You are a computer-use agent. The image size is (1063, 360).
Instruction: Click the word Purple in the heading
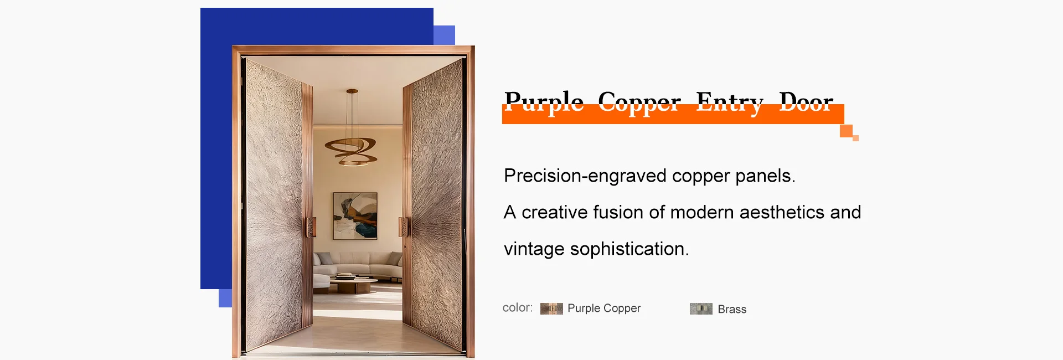pos(544,103)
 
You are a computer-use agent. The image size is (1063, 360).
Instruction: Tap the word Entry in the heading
pos(730,103)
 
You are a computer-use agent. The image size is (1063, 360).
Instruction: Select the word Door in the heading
pos(806,102)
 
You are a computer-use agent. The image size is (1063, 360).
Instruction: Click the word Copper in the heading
pos(639,103)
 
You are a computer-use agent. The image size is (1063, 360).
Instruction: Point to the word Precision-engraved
pos(585,176)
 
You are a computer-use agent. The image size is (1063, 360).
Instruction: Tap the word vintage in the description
pos(534,249)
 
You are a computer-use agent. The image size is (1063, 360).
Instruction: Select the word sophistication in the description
pos(629,249)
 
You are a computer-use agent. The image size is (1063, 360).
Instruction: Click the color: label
pos(518,307)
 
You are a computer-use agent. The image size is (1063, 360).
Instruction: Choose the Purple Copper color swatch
pos(551,308)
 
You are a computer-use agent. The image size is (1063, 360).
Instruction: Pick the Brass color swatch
pos(701,308)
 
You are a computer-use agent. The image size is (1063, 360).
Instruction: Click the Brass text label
pos(732,309)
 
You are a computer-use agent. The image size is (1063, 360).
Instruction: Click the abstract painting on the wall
pos(355,216)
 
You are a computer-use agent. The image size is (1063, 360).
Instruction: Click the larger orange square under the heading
pos(846,131)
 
